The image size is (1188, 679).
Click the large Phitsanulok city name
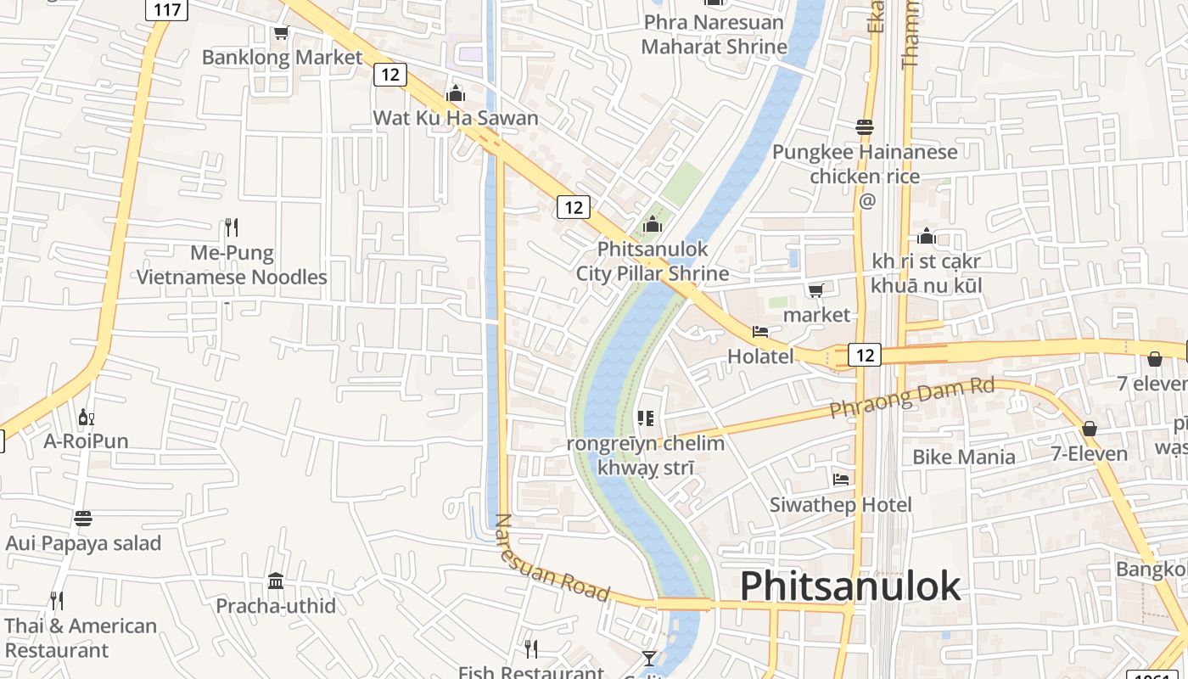coord(850,586)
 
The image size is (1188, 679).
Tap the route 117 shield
coord(167,9)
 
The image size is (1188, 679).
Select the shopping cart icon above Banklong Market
coord(281,33)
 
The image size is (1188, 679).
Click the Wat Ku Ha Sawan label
coord(456,118)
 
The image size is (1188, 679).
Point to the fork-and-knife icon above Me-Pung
coord(231,227)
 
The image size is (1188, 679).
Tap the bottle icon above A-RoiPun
coord(86,417)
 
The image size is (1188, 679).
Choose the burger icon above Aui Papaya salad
coord(83,518)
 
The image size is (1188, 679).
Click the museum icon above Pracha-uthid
coord(276,581)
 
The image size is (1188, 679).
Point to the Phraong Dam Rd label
coord(911,398)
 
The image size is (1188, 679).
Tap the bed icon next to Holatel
coord(760,332)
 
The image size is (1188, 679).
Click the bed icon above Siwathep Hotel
coord(841,480)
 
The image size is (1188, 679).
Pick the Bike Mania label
coord(963,457)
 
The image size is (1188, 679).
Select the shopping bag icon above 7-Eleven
coord(1090,429)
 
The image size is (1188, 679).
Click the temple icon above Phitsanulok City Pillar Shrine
coord(652,225)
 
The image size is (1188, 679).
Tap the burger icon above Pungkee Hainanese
coord(865,127)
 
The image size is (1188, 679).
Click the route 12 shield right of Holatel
coord(864,355)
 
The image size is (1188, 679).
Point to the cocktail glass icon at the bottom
coord(649,659)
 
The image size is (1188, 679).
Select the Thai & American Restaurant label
coord(81,638)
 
